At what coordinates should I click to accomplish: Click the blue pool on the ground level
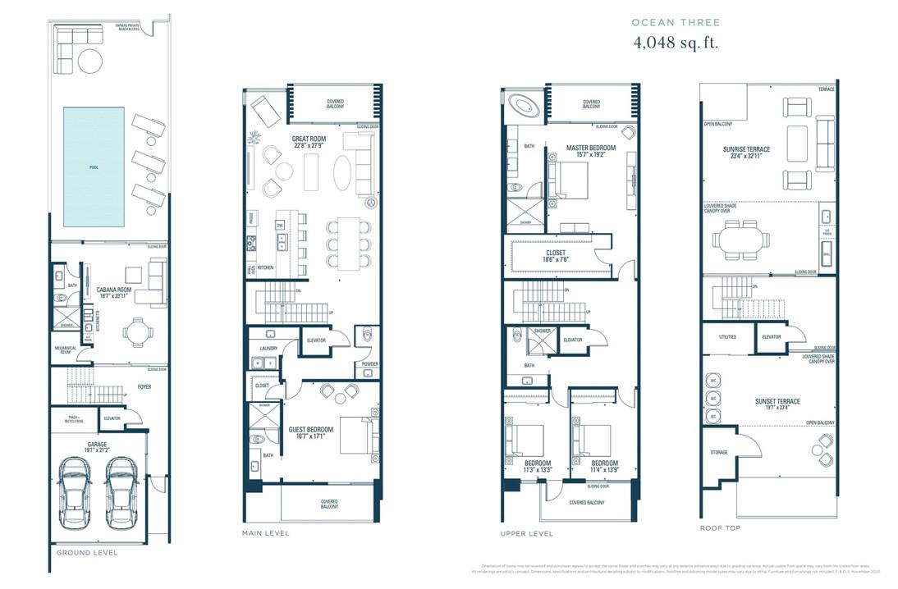tap(94, 167)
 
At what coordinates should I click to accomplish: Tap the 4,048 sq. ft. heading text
tap(675, 43)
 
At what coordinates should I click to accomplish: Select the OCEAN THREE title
tap(675, 23)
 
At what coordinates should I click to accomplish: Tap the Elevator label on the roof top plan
tap(771, 337)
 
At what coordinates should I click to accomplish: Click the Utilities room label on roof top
tap(726, 337)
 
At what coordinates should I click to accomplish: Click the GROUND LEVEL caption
tap(86, 553)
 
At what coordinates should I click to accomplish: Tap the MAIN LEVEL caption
tap(265, 533)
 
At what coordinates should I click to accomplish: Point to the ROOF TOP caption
tap(719, 528)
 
